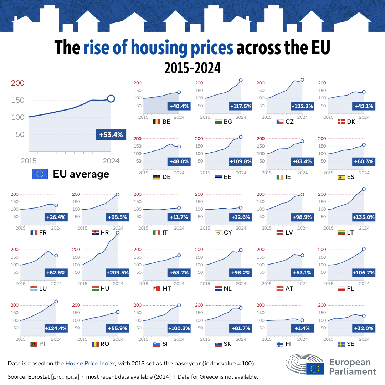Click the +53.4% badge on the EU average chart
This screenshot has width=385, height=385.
click(x=111, y=135)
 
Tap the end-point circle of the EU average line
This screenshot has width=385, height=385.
click(x=111, y=99)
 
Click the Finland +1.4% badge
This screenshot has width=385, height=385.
click(x=302, y=328)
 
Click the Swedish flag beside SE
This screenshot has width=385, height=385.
click(x=342, y=344)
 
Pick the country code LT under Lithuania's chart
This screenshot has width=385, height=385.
click(x=350, y=233)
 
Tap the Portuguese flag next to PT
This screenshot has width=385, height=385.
click(x=34, y=344)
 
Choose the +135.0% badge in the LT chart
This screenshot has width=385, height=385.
click(x=364, y=217)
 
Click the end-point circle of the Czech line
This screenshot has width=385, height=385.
click(x=302, y=80)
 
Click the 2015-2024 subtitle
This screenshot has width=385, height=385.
click(x=192, y=67)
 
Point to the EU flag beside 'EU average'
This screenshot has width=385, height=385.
click(x=40, y=174)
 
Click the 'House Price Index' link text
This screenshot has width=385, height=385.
click(x=90, y=364)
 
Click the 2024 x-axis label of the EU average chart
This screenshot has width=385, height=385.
click(x=111, y=161)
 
